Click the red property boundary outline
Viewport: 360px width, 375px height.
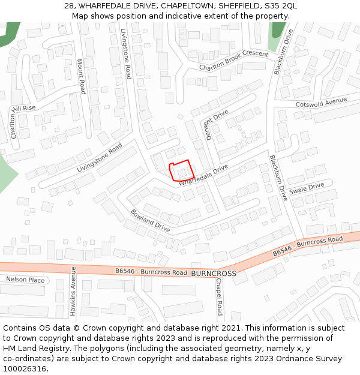click(x=181, y=170)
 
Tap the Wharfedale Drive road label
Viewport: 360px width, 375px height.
click(x=203, y=175)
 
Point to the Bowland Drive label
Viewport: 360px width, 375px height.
click(x=150, y=221)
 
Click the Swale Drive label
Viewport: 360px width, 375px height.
click(x=306, y=188)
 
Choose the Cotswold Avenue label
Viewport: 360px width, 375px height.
click(x=321, y=103)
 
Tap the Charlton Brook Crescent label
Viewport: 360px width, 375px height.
click(x=233, y=60)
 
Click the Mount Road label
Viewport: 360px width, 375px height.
click(x=81, y=76)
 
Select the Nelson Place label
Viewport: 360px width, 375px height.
click(x=25, y=280)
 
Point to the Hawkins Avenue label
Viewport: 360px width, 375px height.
click(x=73, y=291)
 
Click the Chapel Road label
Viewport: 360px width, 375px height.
click(x=219, y=296)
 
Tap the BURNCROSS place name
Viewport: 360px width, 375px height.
click(x=214, y=273)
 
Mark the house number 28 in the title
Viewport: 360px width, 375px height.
click(x=69, y=6)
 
